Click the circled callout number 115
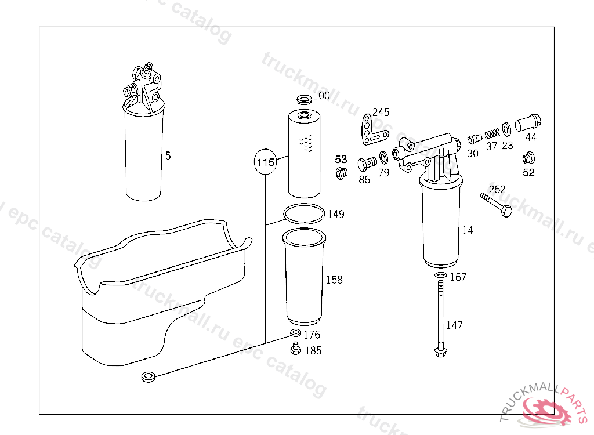click(265, 162)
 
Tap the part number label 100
click(321, 96)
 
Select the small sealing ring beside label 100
click(304, 99)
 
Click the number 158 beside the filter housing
click(335, 280)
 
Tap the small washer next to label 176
click(295, 333)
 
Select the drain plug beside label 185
click(295, 348)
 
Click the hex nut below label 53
click(341, 173)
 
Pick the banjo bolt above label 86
click(367, 164)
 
